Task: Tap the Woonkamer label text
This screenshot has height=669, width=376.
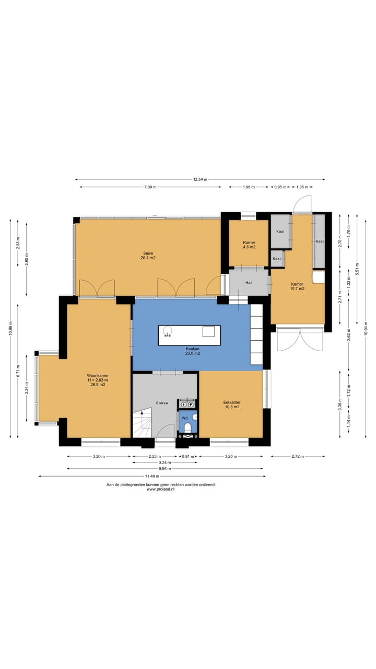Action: [x=98, y=375]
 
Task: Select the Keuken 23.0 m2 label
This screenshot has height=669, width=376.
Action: [x=193, y=351]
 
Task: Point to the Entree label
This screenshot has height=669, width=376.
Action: [x=162, y=403]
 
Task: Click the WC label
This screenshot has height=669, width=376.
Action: [x=185, y=418]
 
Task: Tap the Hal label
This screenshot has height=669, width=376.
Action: [x=248, y=283]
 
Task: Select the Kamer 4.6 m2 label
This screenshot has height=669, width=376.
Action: [x=249, y=245]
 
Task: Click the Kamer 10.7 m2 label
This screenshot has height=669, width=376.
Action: [x=297, y=286]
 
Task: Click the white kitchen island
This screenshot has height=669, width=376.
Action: [x=190, y=336]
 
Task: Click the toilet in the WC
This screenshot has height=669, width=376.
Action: [x=187, y=428]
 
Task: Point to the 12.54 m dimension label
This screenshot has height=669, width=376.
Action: [x=200, y=179]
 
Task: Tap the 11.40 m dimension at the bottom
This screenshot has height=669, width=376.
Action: [x=152, y=476]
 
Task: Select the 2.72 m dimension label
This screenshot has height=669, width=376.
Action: [x=298, y=456]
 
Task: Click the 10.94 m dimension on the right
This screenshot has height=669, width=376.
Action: [x=366, y=329]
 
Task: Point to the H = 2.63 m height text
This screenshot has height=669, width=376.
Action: [x=98, y=380]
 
